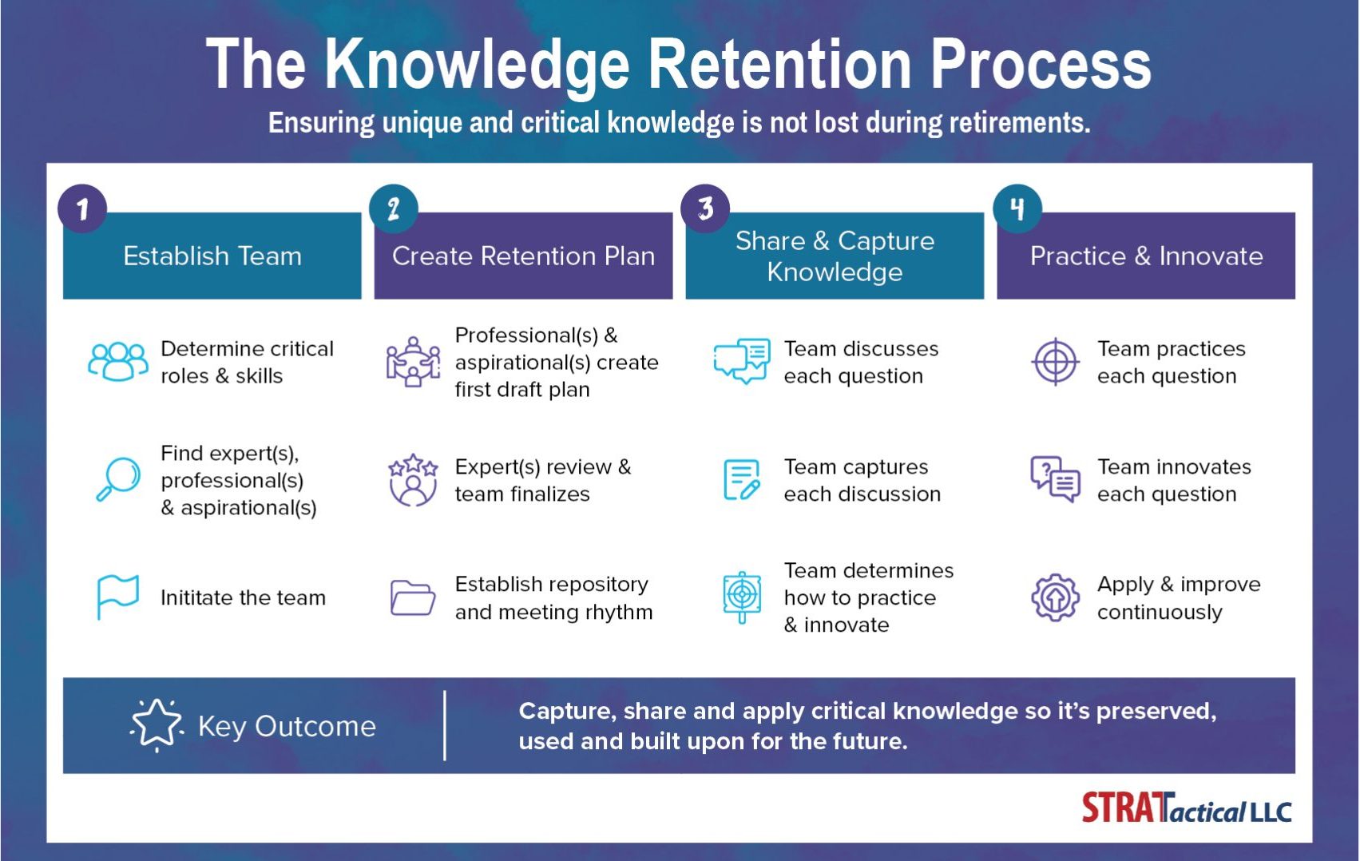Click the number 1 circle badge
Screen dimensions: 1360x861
(82, 209)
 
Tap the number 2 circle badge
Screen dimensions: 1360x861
(394, 209)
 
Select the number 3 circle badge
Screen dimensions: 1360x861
(705, 209)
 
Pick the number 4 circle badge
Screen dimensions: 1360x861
(1017, 209)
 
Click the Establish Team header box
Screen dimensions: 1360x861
(212, 256)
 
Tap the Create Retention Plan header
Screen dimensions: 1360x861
(523, 256)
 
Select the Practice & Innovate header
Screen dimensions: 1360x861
(1146, 256)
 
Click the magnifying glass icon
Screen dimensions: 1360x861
(118, 479)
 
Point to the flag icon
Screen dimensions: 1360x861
(117, 597)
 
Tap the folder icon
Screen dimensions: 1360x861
(412, 598)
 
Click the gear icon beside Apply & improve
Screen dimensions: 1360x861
(1055, 597)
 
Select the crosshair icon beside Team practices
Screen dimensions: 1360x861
(1055, 362)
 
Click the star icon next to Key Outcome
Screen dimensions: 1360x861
(156, 724)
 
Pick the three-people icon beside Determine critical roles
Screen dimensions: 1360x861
(117, 361)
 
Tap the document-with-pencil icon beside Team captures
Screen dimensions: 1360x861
(742, 480)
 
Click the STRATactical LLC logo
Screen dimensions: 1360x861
(1187, 808)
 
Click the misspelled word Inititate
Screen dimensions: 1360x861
(197, 597)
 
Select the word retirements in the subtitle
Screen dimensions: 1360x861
(1019, 122)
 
